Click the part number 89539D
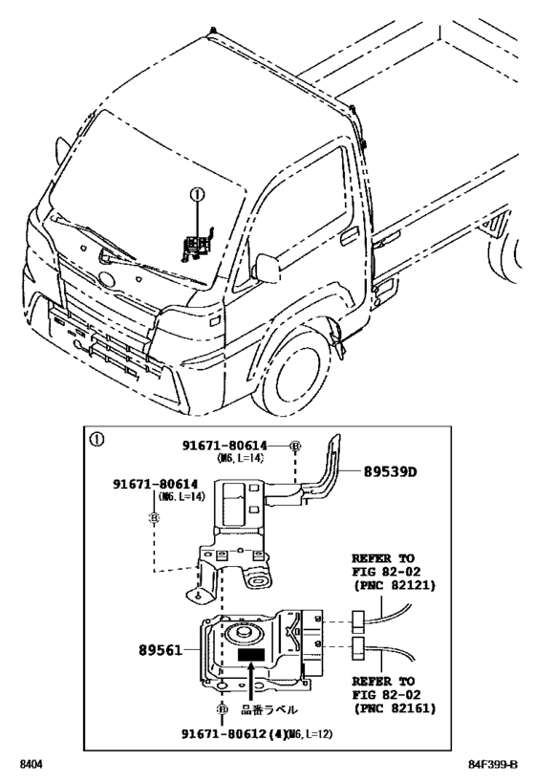tap(393, 471)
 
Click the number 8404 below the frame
tap(35, 765)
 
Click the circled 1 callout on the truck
tap(198, 195)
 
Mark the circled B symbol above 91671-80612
tap(222, 710)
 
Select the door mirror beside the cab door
tap(265, 268)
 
